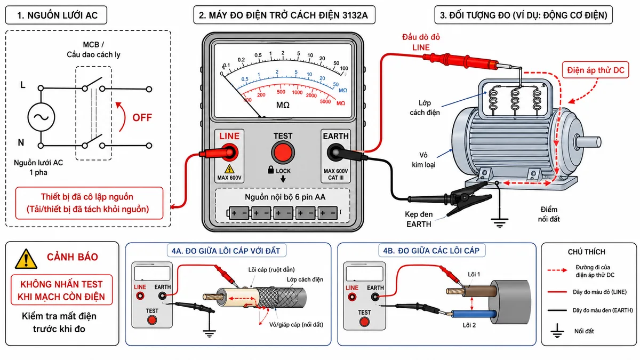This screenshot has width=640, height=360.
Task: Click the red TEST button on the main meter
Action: click(x=283, y=153)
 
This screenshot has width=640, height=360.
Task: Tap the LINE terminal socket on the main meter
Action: click(x=229, y=153)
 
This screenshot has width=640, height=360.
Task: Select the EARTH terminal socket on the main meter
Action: click(x=335, y=153)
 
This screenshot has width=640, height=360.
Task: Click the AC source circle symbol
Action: click(x=41, y=117)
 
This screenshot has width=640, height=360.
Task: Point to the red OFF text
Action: click(x=142, y=117)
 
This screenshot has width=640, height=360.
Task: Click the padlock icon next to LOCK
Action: click(x=270, y=170)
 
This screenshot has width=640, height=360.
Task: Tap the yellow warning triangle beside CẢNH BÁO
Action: click(x=26, y=259)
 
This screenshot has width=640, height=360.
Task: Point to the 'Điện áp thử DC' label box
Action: click(x=595, y=70)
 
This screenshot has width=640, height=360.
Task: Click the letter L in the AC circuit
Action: click(x=22, y=85)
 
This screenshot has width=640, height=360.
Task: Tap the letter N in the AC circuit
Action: click(x=21, y=142)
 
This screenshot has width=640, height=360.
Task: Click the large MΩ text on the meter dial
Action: click(x=283, y=105)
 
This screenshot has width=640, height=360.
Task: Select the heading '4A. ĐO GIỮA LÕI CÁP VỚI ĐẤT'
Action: click(x=226, y=251)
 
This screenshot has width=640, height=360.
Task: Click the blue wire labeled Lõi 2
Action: click(x=474, y=314)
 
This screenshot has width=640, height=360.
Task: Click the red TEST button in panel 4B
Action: click(x=364, y=322)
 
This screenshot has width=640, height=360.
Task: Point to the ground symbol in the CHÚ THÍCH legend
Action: click(x=557, y=331)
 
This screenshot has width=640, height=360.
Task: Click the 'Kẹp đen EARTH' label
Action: click(x=419, y=219)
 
